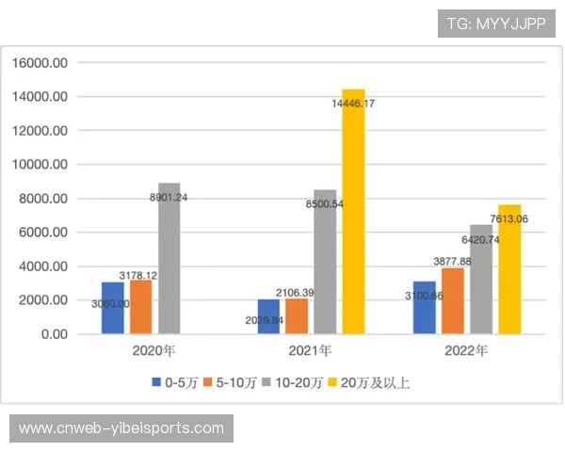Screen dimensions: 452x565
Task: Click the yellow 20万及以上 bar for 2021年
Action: (x=353, y=212)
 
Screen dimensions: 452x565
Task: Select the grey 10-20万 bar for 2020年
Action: (x=169, y=259)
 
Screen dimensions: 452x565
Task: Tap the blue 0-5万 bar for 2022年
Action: (x=424, y=308)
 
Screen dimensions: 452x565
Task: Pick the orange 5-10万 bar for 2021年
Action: (x=297, y=315)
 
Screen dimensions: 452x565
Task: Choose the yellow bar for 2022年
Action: (x=509, y=269)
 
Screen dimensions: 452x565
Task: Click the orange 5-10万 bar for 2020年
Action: (x=141, y=307)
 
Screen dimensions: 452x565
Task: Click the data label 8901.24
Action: (x=169, y=198)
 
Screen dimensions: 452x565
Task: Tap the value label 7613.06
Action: (x=509, y=219)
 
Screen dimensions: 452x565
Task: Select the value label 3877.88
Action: (x=452, y=261)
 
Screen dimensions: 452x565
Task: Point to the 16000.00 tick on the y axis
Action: (x=39, y=63)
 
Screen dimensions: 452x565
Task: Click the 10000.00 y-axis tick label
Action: (x=39, y=165)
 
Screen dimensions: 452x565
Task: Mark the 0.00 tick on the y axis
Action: (x=53, y=334)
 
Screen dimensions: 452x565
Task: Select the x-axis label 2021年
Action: (x=311, y=352)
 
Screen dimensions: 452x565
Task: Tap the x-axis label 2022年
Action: (x=466, y=352)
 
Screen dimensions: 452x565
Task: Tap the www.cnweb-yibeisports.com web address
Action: (x=121, y=428)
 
